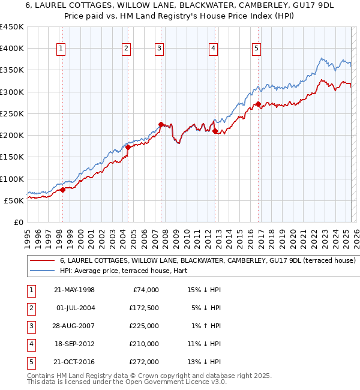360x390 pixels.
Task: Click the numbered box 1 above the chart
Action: click(x=62, y=49)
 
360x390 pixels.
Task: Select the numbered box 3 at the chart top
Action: click(x=159, y=49)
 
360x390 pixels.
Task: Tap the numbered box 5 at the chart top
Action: click(x=256, y=49)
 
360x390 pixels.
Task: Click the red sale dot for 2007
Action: click(x=161, y=124)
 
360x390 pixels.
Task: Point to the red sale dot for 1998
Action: click(x=62, y=190)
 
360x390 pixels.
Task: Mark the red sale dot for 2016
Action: click(x=258, y=104)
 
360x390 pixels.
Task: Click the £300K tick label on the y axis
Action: click(x=11, y=92)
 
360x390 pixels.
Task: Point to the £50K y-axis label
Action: click(x=14, y=200)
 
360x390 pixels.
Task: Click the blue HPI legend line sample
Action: click(x=42, y=271)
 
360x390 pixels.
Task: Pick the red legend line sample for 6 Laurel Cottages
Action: click(x=42, y=261)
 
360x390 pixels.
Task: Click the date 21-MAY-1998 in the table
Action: click(x=74, y=290)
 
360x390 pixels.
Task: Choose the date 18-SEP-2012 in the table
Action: click(x=74, y=344)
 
